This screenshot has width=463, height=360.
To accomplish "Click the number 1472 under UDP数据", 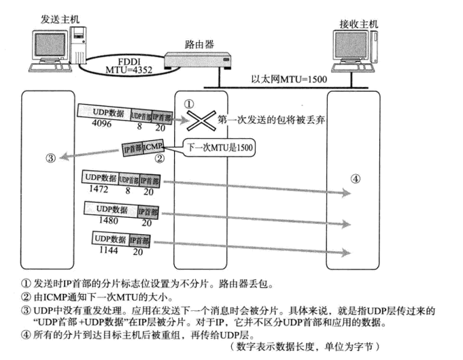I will tap(96, 191).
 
